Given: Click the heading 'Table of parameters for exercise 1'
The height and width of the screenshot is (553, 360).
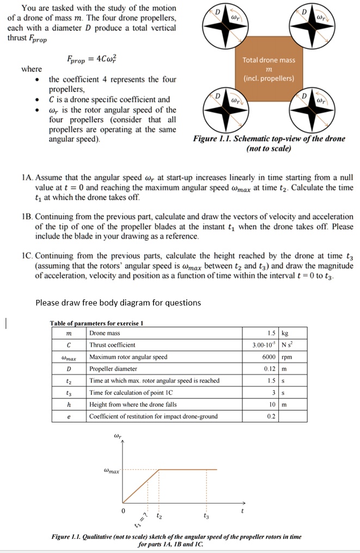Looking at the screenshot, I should pos(96,323).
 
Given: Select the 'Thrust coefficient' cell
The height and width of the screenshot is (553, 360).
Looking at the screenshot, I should pos(113,345).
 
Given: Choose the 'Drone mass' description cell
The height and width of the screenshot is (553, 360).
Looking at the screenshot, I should pos(105,333).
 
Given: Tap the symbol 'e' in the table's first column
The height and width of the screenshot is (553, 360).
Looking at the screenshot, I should pos(68,416).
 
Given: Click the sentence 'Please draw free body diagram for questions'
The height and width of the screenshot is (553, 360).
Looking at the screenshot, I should pos(118,303).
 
